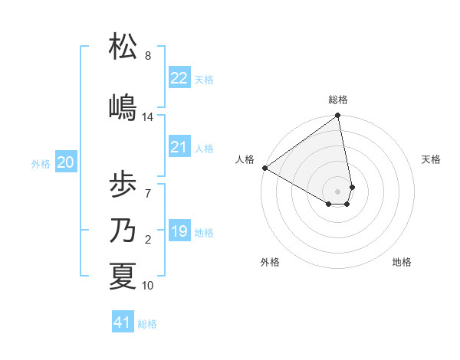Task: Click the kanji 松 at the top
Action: tap(123, 47)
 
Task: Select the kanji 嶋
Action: tap(123, 106)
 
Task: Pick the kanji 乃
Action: tap(123, 231)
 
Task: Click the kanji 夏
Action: tap(123, 277)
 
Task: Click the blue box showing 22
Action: tap(179, 77)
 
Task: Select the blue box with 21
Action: tap(179, 147)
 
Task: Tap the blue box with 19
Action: tap(179, 231)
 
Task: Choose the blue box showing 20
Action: tap(66, 162)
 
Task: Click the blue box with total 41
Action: tap(123, 322)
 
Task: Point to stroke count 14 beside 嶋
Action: tap(148, 117)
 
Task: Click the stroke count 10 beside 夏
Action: tap(148, 286)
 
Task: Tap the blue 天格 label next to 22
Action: tap(204, 79)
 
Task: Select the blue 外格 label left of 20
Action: tap(41, 163)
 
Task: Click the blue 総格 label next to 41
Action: tap(147, 324)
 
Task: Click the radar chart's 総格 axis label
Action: tap(338, 100)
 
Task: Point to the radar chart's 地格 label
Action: tap(402, 262)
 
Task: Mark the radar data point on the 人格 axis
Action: tap(264, 168)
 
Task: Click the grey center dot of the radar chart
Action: tap(338, 190)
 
